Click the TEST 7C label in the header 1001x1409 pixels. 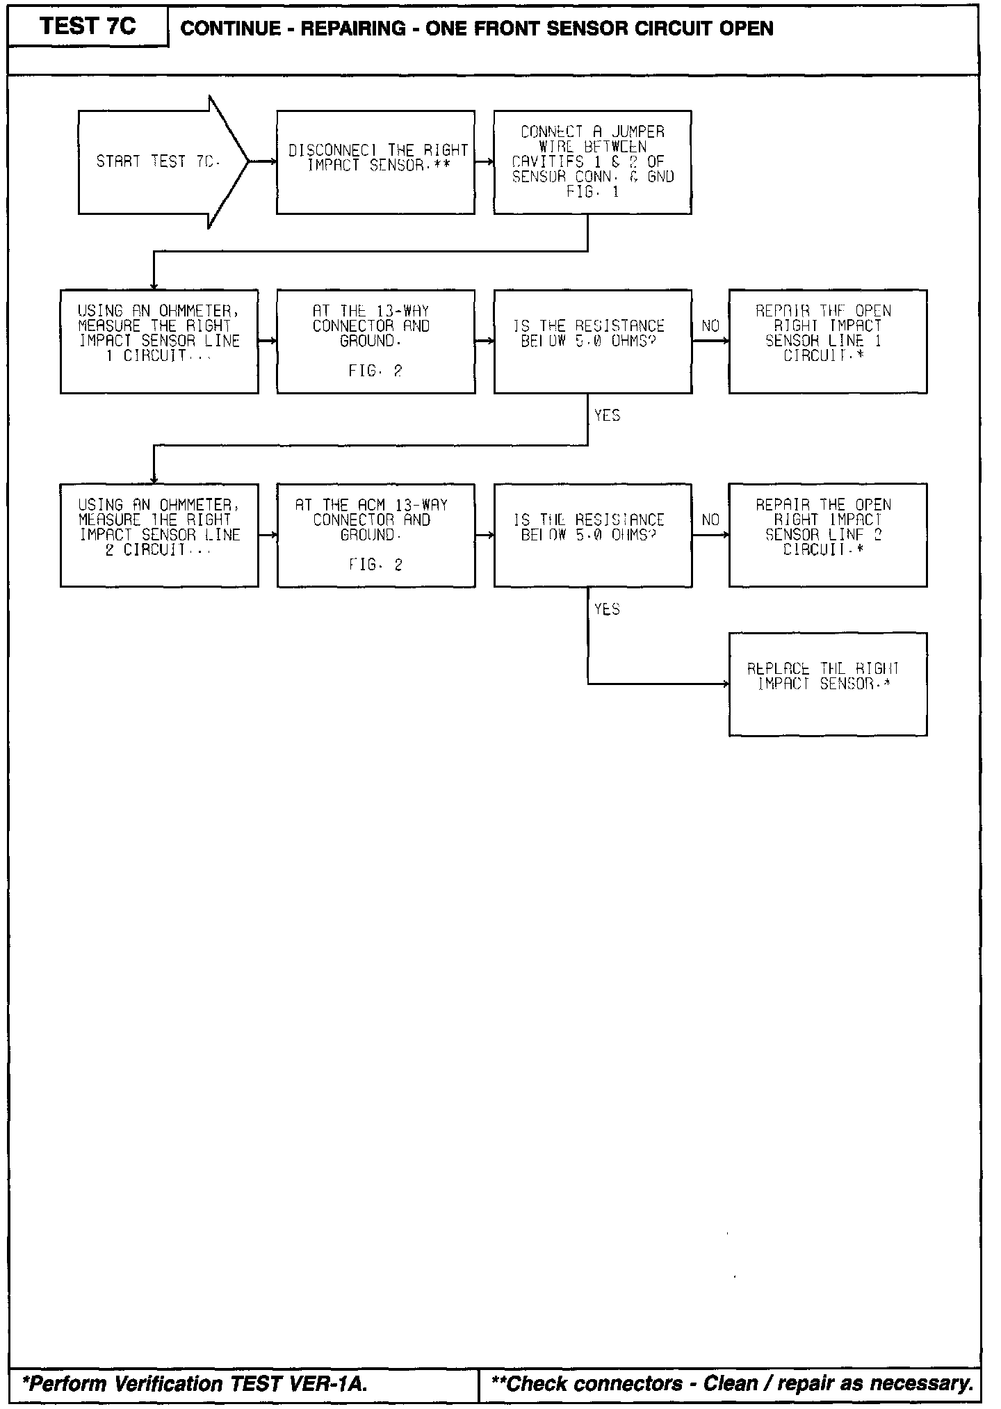click(88, 26)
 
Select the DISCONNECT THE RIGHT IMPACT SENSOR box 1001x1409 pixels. click(375, 162)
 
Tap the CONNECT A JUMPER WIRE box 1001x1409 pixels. click(592, 162)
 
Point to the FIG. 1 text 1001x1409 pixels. click(592, 192)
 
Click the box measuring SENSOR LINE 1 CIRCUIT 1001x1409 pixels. click(159, 341)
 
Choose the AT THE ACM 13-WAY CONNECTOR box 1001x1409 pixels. click(375, 535)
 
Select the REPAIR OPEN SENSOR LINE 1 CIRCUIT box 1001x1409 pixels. click(827, 341)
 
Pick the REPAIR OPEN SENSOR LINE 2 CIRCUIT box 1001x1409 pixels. click(827, 535)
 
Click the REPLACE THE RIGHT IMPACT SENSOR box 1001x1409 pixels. click(827, 684)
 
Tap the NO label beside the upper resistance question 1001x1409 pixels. click(710, 326)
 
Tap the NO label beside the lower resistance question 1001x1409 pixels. click(710, 520)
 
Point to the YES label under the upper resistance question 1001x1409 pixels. click(607, 416)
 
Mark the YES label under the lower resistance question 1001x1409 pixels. click(607, 610)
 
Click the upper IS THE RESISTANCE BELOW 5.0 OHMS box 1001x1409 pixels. click(592, 341)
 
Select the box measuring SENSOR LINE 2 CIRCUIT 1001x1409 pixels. click(159, 535)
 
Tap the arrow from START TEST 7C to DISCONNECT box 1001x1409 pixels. click(262, 162)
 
